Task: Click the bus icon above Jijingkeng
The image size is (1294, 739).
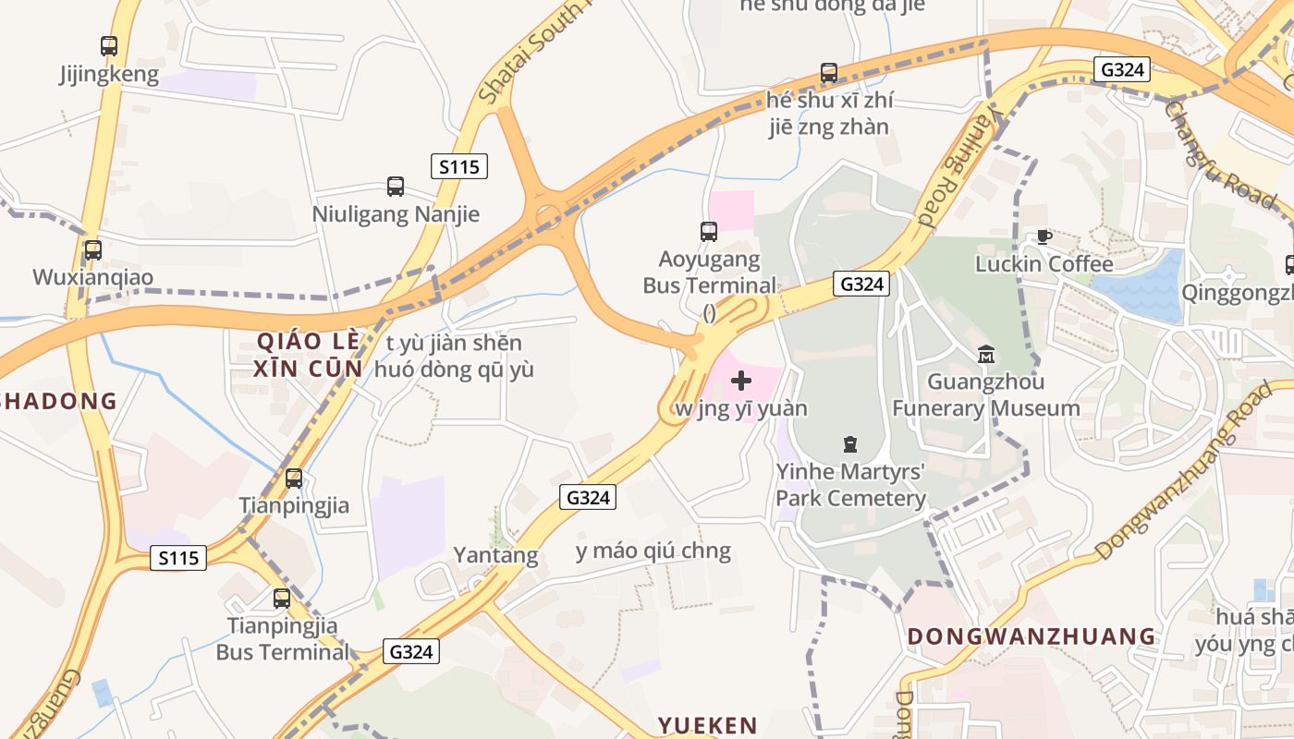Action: click(x=109, y=45)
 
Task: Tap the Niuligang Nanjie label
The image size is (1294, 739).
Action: click(x=396, y=214)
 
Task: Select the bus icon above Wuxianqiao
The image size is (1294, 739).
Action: click(x=92, y=249)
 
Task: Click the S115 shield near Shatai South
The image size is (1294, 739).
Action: click(x=459, y=166)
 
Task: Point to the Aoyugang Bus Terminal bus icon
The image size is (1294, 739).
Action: click(x=709, y=232)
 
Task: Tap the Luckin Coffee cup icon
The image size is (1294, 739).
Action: click(x=1044, y=237)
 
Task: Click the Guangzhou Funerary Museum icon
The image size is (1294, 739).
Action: click(x=986, y=354)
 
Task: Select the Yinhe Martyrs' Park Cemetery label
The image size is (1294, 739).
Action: click(x=850, y=485)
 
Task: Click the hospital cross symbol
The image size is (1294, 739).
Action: click(x=741, y=380)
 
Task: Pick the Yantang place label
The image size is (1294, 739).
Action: click(x=495, y=555)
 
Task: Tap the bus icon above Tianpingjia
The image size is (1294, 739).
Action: click(x=294, y=479)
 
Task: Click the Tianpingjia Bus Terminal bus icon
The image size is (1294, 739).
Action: click(x=282, y=599)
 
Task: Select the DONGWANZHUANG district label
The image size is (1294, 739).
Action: click(x=1032, y=636)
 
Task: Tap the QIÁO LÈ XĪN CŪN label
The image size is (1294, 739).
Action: click(x=309, y=354)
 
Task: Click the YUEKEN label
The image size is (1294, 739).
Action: click(x=707, y=725)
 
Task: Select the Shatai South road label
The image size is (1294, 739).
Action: click(x=531, y=51)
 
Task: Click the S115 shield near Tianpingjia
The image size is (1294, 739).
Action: click(x=177, y=558)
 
